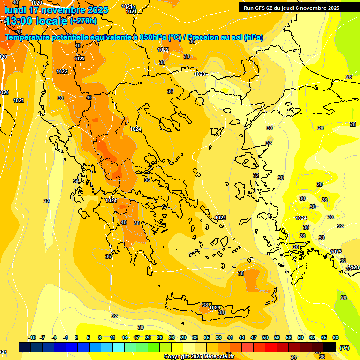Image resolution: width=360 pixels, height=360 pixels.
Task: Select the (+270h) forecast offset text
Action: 83,21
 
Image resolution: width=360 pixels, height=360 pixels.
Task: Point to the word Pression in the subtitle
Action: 204,37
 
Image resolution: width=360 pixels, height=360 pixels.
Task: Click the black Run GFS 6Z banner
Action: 291,7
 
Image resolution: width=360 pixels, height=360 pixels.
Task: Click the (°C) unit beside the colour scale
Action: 344,348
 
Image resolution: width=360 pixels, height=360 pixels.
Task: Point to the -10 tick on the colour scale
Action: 32,337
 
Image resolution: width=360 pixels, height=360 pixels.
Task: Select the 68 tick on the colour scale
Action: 336,337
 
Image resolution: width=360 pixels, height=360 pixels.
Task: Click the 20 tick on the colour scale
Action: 148,337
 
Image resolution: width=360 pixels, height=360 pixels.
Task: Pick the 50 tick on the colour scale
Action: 265,337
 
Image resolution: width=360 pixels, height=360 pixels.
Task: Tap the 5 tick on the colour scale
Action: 89,337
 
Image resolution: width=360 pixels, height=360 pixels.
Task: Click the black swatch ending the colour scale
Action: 330,347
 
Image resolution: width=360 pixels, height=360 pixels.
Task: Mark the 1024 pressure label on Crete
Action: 215,307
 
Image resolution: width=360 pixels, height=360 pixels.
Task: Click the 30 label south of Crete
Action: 141,327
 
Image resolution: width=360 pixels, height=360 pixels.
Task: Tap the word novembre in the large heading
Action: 65,10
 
